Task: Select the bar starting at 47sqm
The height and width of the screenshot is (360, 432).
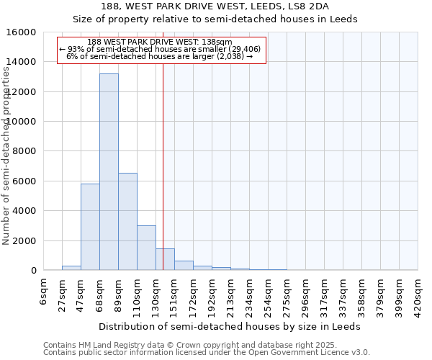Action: point(90,227)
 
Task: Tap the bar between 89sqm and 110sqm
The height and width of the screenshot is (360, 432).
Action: point(127,221)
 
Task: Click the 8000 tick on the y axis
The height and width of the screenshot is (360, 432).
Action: point(24,151)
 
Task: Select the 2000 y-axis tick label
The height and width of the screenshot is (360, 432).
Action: point(24,240)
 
